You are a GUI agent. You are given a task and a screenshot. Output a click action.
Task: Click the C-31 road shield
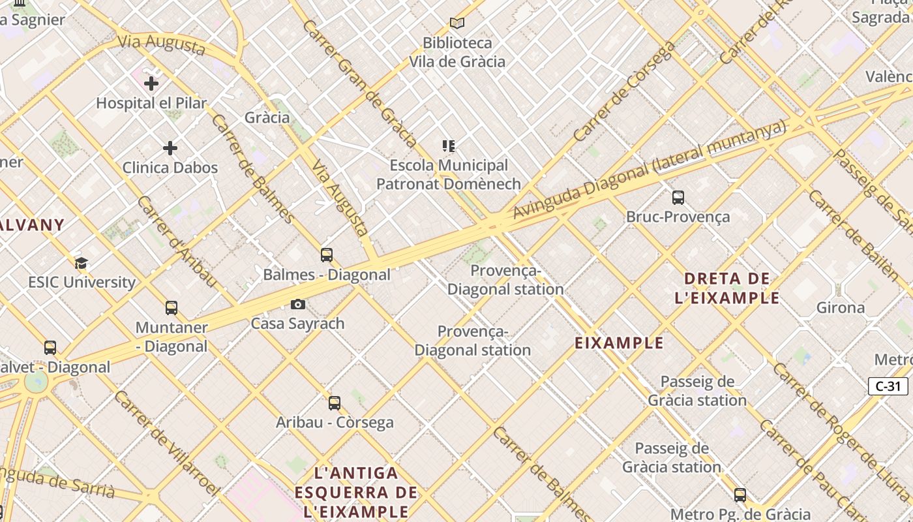pos(888,386)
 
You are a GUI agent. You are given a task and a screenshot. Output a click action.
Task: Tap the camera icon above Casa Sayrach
pos(297,305)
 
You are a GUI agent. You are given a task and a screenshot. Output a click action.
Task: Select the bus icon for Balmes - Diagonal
pos(327,255)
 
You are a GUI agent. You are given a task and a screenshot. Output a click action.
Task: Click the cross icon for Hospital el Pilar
pos(151,84)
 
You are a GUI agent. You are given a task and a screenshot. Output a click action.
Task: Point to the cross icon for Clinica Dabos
pos(170,148)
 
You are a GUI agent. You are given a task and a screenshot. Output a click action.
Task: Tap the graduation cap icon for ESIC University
pos(81,264)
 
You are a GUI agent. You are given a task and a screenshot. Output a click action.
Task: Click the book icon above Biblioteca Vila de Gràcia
pos(457,23)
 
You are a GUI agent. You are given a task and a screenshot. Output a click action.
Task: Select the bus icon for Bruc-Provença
pos(678,197)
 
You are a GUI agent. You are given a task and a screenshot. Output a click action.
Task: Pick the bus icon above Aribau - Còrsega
pos(335,403)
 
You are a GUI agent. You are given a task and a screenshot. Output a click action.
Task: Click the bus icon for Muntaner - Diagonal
pos(172,308)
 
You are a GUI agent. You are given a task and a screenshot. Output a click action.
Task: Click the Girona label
pos(841,307)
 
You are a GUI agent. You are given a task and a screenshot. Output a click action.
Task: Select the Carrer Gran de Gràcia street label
pos(359,84)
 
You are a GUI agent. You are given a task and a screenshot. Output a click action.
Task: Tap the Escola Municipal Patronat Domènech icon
pos(448,146)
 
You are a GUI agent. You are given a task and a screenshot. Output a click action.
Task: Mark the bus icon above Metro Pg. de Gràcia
pos(740,495)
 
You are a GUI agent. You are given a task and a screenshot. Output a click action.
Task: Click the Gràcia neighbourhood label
pos(267,117)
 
